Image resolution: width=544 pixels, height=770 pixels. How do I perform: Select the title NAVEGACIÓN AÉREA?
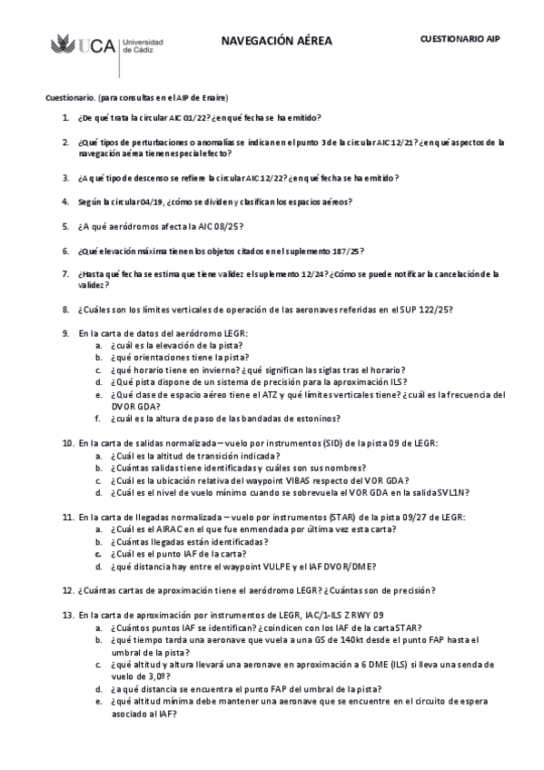coord(276,41)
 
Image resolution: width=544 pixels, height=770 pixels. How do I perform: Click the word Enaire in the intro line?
coord(213,97)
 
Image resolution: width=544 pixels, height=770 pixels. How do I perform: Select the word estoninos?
coord(316,418)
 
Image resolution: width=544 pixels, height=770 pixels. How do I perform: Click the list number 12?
coord(67,590)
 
